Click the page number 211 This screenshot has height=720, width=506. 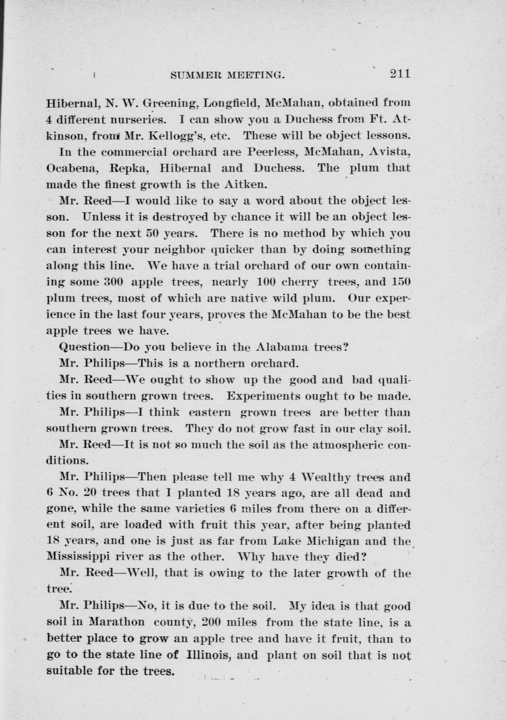400,74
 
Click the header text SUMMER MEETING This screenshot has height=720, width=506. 228,75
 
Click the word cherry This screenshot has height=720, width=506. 301,282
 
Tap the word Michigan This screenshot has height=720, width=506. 332,542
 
